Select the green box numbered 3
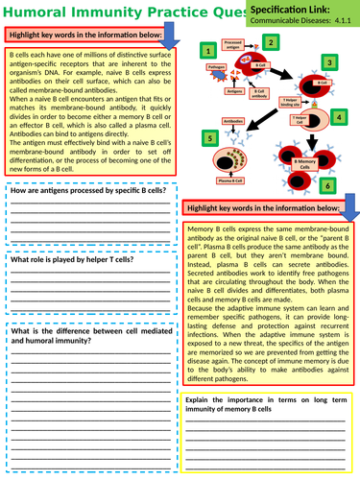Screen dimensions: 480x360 329,62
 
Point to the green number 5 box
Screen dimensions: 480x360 210,138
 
